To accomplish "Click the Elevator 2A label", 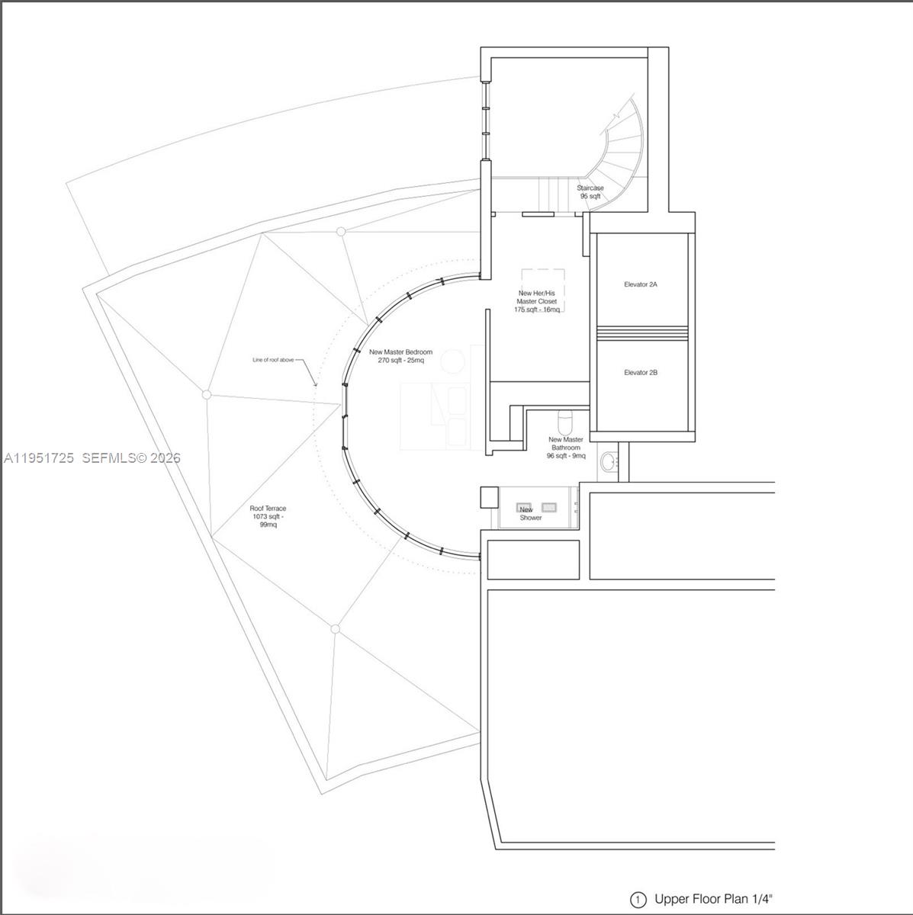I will click(x=640, y=284).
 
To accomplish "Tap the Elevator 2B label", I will click(x=640, y=373).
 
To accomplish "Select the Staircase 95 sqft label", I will click(x=590, y=192).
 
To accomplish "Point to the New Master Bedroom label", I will click(x=400, y=356).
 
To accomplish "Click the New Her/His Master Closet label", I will click(x=537, y=301).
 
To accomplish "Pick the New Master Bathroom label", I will click(x=565, y=448).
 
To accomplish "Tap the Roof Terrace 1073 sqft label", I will click(x=268, y=516).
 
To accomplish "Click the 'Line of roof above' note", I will click(x=273, y=360).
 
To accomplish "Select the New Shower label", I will click(x=529, y=515).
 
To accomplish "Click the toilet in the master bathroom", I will click(x=565, y=420).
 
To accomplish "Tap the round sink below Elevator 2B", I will click(x=609, y=461).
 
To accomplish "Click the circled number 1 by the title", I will click(x=638, y=900).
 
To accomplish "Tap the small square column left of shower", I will click(x=488, y=497).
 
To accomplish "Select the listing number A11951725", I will click(x=39, y=457).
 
